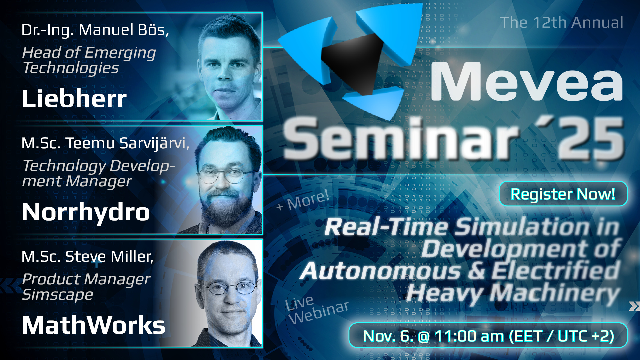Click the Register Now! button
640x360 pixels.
563,194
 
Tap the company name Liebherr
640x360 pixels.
74,99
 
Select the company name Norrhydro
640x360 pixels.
86,212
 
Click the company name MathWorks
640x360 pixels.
93,325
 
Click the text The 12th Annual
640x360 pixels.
562,23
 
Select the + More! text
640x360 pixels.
303,201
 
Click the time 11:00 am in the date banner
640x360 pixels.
469,336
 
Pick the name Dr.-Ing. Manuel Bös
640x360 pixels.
95,30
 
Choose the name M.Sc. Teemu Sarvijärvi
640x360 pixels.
105,143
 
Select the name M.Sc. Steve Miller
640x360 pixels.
87,257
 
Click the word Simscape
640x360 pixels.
57,295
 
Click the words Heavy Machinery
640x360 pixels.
513,293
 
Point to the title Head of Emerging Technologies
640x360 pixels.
89,60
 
